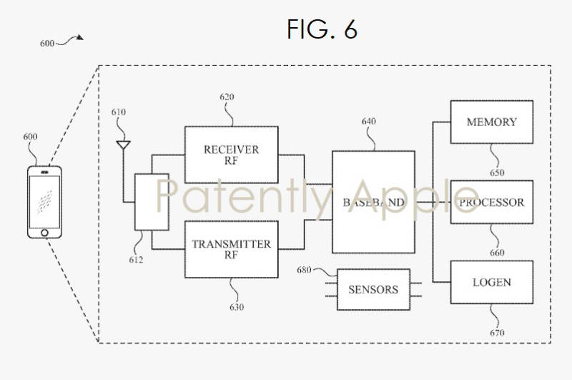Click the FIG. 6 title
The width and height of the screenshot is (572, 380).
tap(322, 29)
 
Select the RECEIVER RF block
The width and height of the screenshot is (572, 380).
tap(231, 155)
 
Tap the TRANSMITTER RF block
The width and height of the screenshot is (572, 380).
tap(231, 249)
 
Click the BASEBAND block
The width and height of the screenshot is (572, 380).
tap(373, 202)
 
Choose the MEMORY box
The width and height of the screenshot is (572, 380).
tap(491, 122)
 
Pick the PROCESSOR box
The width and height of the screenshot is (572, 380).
tap(491, 203)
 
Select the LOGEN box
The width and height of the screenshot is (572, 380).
tap(491, 282)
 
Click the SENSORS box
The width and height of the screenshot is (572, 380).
tap(373, 289)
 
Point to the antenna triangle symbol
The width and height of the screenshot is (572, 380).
tap(123, 146)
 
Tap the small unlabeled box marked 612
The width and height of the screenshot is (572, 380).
tap(152, 201)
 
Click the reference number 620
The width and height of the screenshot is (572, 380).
tap(227, 97)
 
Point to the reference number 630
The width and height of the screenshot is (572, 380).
tap(236, 307)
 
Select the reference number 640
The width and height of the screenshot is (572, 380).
tap(369, 122)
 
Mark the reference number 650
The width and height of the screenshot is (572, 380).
tap(497, 172)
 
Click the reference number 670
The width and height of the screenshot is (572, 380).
tap(497, 333)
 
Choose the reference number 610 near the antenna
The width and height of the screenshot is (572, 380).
tap(119, 112)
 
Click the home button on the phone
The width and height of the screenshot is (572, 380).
tap(44, 232)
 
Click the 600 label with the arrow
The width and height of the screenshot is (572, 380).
tap(47, 43)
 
